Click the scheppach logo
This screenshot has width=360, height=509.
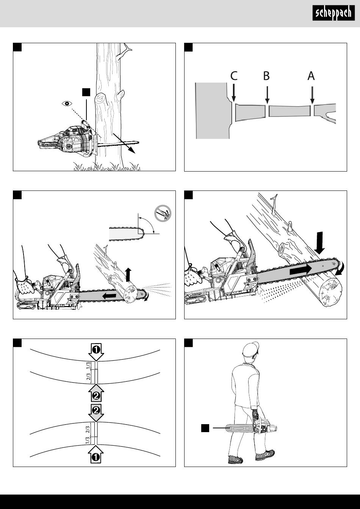(333, 13)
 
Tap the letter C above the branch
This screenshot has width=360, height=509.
(234, 76)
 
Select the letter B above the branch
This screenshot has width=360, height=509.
(266, 76)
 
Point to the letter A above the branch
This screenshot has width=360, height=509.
(311, 76)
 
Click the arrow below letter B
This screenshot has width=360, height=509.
(267, 95)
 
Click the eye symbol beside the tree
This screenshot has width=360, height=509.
(67, 104)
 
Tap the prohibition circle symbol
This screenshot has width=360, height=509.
(163, 213)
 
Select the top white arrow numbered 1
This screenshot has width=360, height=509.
(96, 352)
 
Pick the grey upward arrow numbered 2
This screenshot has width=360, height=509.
(96, 393)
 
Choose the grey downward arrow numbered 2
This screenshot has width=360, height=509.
(96, 412)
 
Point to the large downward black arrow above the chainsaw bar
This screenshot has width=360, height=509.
(320, 243)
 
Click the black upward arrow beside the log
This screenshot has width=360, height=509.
(128, 275)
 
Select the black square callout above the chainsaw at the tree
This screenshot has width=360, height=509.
(86, 92)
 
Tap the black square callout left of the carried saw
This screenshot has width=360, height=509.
(205, 428)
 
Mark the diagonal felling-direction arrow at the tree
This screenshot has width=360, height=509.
(124, 144)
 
